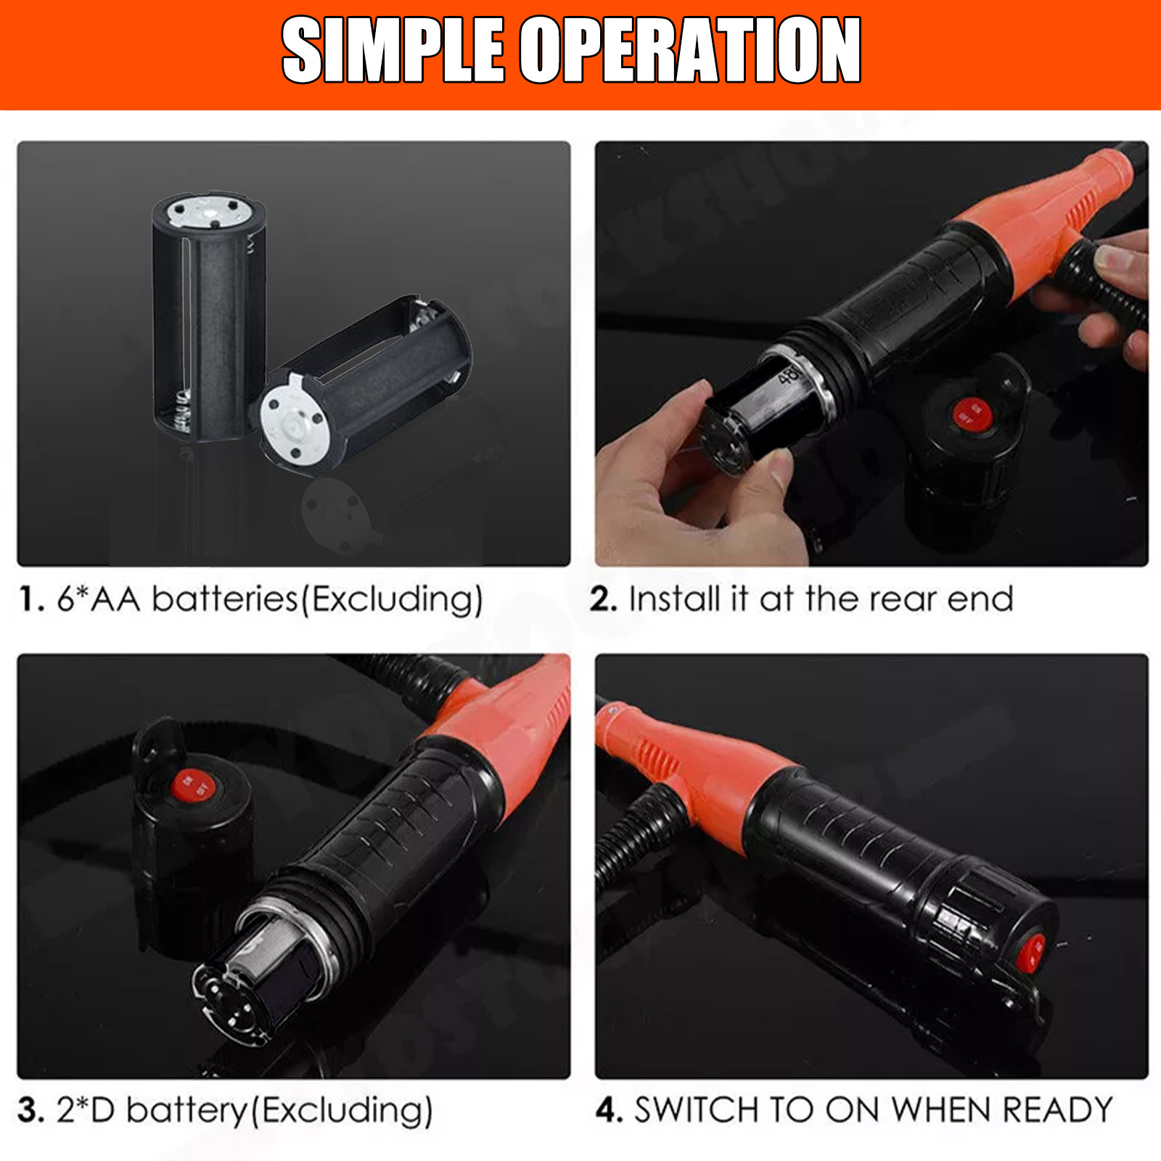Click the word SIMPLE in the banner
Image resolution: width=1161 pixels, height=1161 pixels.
[393, 51]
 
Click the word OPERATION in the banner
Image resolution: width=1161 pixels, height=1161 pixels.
[691, 51]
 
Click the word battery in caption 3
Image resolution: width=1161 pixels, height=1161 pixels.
[187, 1111]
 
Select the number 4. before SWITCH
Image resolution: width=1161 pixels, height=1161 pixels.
[609, 1111]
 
